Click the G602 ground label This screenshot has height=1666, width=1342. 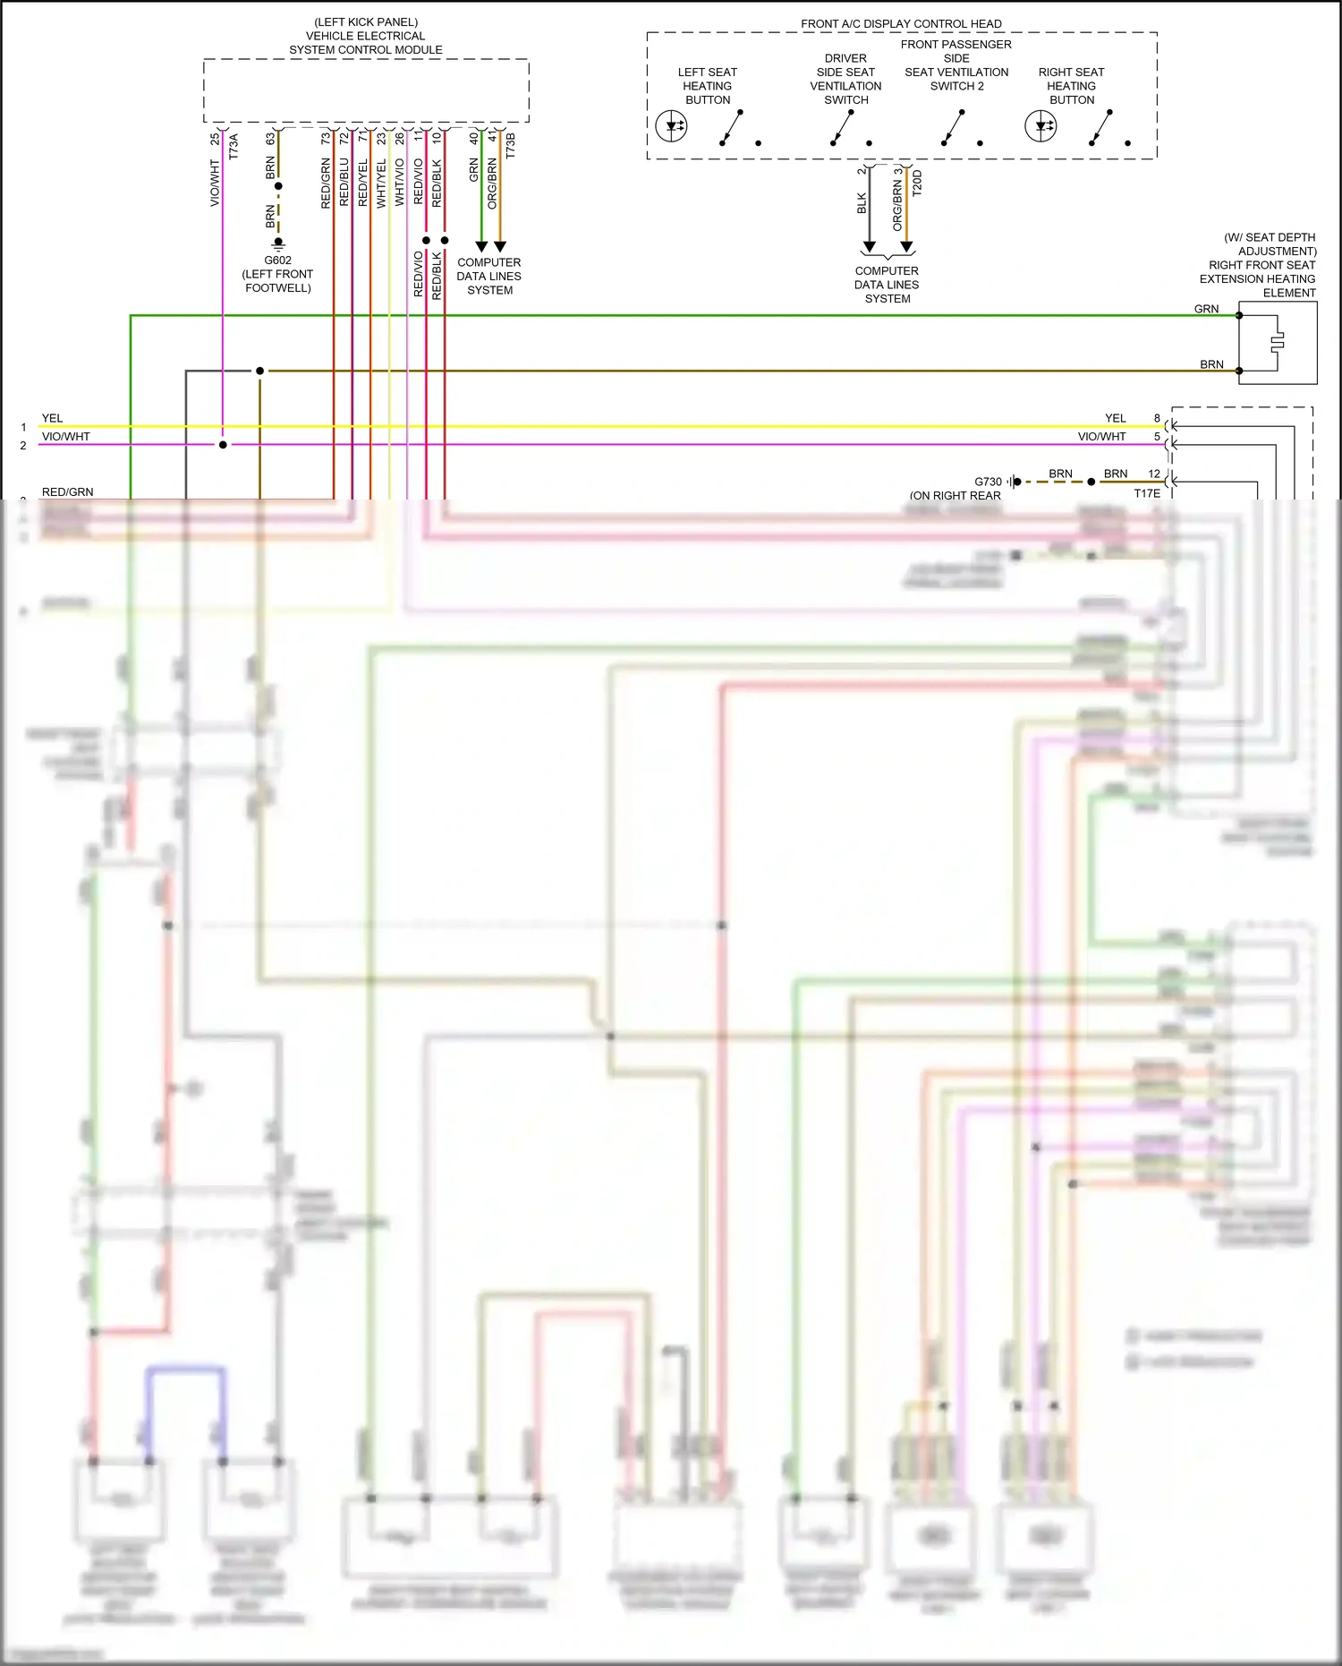pos(277,261)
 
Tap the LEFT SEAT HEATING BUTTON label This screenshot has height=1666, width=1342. pos(707,86)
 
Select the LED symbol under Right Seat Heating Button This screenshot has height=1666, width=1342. pos(1040,126)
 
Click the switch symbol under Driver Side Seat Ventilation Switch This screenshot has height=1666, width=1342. pos(840,127)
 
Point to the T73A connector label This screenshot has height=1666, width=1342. pos(234,146)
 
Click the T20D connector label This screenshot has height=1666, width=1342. pos(917,183)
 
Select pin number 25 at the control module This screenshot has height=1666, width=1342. pos(215,139)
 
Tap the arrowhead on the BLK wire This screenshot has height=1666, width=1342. pos(869,247)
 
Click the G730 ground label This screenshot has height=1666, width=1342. pos(988,482)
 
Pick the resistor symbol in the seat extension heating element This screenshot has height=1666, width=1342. pos(1278,341)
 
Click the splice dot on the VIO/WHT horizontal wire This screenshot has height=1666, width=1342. pos(223,445)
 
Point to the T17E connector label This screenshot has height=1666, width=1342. pos(1147,493)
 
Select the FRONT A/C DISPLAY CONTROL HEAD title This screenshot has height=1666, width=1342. pos(901,23)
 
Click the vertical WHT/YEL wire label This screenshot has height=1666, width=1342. pos(381,184)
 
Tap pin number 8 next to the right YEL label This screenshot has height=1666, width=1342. pos(1157,418)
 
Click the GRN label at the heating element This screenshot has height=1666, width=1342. pos(1206,309)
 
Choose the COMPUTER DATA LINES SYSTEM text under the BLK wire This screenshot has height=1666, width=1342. pos(887,285)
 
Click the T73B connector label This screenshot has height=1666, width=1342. pos(511,146)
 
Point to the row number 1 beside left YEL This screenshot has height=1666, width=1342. pos(23,427)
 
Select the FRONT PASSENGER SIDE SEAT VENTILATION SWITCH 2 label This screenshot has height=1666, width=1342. pos(956,65)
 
